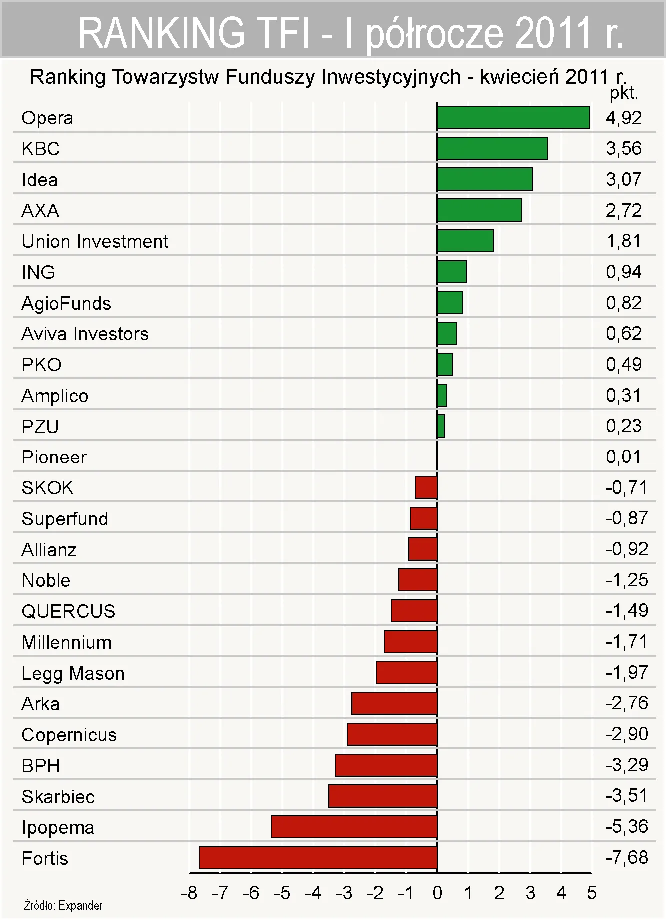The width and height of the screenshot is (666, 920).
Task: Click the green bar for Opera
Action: [x=513, y=118]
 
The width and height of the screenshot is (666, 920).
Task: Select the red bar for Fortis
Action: [x=318, y=858]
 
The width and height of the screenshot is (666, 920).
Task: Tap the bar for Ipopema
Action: [x=354, y=827]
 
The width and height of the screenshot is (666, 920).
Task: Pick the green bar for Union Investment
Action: [x=465, y=241]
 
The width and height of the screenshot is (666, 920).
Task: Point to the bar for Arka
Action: [x=394, y=703]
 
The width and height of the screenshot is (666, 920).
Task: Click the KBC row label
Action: [x=41, y=149]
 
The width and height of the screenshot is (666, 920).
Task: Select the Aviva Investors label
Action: [x=85, y=334]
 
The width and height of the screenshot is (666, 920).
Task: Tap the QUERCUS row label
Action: [x=69, y=611]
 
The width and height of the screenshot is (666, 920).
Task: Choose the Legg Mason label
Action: [x=73, y=673]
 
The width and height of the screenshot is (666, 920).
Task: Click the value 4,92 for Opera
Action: [x=624, y=118]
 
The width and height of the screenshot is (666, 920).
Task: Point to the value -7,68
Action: [x=627, y=858]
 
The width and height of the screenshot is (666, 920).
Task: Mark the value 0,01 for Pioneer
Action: [x=623, y=457]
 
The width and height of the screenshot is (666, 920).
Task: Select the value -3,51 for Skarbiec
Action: [x=627, y=795]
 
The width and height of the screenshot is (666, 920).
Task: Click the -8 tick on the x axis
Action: [x=189, y=893]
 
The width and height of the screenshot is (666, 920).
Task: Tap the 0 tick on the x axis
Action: [x=437, y=893]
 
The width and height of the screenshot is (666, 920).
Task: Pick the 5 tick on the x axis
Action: [x=592, y=893]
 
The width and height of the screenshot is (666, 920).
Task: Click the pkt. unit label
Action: [x=624, y=93]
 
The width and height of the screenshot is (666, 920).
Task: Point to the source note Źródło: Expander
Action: [x=63, y=905]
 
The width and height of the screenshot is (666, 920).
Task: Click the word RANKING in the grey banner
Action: [x=161, y=33]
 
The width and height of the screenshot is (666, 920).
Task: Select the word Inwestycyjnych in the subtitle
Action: [x=391, y=77]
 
